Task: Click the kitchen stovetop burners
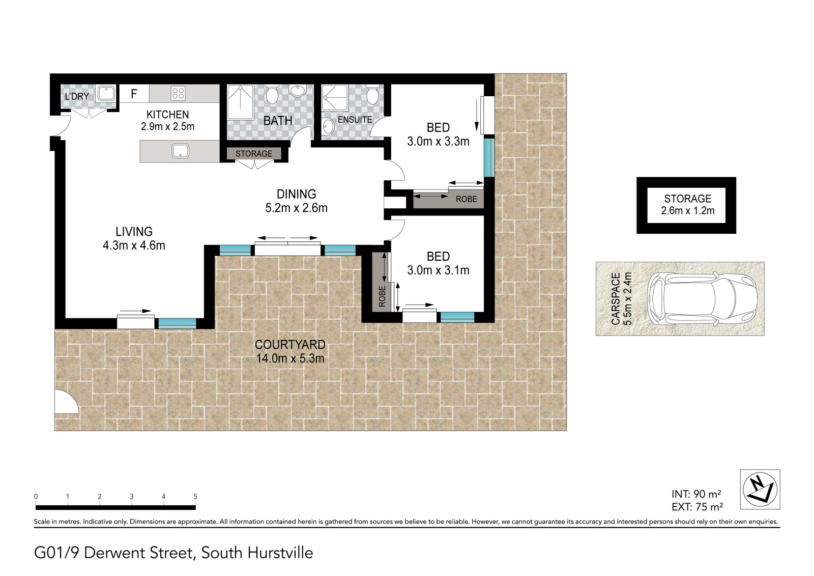click(x=178, y=93)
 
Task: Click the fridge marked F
click(x=134, y=94)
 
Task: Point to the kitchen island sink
click(x=180, y=151)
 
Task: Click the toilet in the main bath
click(x=272, y=94)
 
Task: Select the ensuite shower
click(x=335, y=97)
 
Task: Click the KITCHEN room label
click(x=167, y=115)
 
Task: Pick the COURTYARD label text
click(x=290, y=344)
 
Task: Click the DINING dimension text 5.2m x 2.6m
click(x=297, y=208)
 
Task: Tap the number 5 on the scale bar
click(x=195, y=497)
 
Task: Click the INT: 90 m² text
click(x=696, y=494)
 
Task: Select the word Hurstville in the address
click(x=280, y=553)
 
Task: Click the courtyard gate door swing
click(x=67, y=401)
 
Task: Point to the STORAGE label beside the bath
click(x=254, y=154)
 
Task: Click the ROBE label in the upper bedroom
click(x=466, y=199)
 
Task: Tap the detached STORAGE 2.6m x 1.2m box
click(x=686, y=205)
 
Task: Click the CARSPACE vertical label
click(x=621, y=299)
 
